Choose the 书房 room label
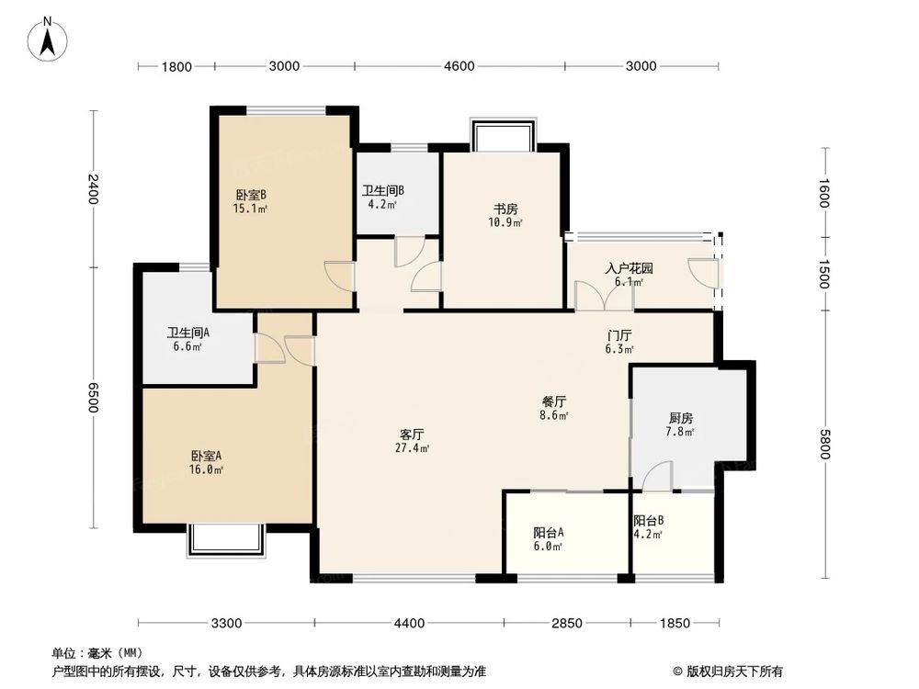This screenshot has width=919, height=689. tap(505, 209)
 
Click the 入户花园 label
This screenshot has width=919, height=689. tap(629, 269)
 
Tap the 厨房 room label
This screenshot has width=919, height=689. tap(680, 418)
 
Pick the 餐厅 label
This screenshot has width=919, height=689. tap(552, 401)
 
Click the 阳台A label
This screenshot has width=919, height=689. tap(548, 532)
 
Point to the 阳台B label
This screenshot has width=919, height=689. tap(648, 521)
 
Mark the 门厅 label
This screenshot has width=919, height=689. tap(618, 335)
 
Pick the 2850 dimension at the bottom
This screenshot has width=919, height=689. tap(567, 624)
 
